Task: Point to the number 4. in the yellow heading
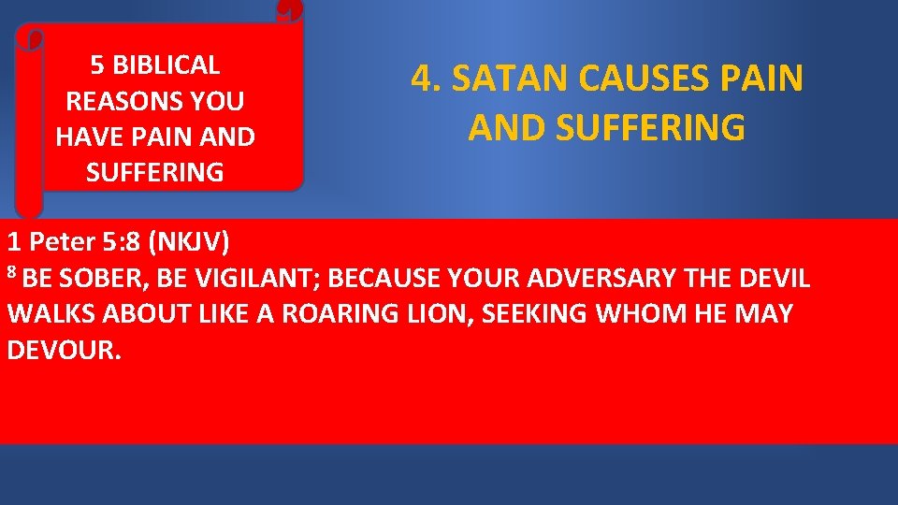426,79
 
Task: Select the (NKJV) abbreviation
189,242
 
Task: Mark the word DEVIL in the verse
773,279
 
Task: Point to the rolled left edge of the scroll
29,122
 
